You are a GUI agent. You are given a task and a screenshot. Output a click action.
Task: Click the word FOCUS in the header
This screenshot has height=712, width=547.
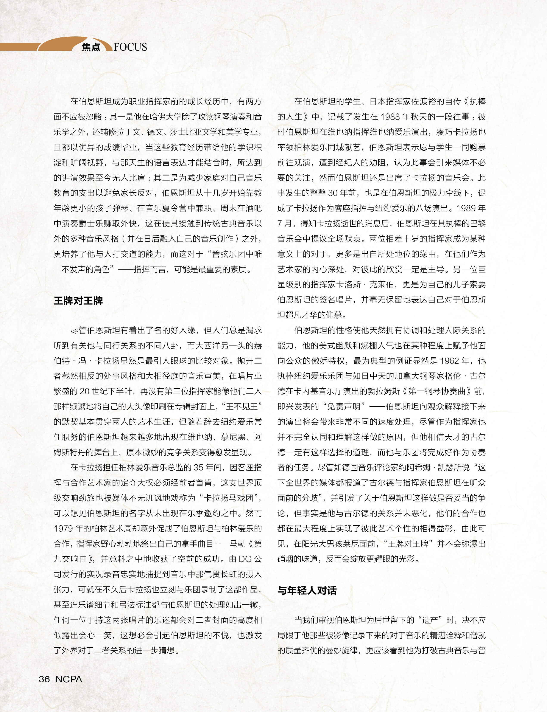(x=130, y=47)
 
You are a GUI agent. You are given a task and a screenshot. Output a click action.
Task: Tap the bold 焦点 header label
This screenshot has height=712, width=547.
(x=91, y=47)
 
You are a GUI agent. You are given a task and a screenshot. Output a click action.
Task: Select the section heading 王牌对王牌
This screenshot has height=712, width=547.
(x=78, y=300)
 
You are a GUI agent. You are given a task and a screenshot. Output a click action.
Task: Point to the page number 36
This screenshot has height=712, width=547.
(x=44, y=679)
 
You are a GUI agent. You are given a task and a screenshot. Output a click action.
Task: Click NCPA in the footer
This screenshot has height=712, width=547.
(x=69, y=679)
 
